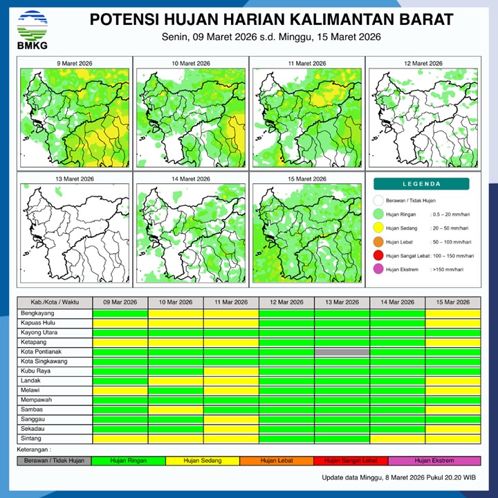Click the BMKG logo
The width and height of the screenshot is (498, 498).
[x=32, y=29]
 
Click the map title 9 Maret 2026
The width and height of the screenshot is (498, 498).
[x=75, y=64]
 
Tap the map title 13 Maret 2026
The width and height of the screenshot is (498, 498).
[x=75, y=179]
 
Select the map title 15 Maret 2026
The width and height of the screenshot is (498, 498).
[x=305, y=179]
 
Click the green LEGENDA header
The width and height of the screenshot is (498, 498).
[x=421, y=184]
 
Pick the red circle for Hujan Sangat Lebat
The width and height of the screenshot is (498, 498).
[x=378, y=256]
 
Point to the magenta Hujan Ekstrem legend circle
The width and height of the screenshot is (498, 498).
[x=378, y=270]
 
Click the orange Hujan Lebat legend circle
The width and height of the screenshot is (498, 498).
[x=378, y=242]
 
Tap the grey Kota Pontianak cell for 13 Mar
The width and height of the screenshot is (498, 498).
[x=342, y=352]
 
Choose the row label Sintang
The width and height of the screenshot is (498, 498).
[x=30, y=439]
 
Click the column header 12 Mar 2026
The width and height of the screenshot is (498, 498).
[x=286, y=302]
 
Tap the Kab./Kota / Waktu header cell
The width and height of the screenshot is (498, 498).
[x=55, y=302]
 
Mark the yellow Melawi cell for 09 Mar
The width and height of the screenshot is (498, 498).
[x=120, y=390]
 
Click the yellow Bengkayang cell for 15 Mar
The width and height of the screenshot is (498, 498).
[x=452, y=313]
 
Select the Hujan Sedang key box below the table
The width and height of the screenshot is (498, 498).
[x=202, y=460]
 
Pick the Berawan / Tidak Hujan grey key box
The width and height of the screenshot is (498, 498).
[x=55, y=460]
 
